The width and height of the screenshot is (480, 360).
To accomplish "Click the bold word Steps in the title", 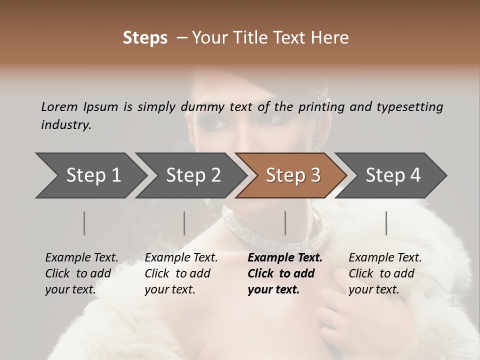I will [x=145, y=38].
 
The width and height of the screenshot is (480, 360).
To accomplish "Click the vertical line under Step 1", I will [x=84, y=223].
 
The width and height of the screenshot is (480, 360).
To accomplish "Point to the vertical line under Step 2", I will [x=184, y=223].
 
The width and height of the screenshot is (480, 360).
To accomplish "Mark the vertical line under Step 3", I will [x=285, y=223].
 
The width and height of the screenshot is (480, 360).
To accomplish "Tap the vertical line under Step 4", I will [x=386, y=223].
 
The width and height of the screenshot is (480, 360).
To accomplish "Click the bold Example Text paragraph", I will [x=284, y=273].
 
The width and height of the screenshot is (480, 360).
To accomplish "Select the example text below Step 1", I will [x=81, y=273].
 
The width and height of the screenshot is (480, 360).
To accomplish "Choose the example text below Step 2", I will [x=181, y=273].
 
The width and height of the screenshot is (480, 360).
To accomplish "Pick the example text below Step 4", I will [x=385, y=273].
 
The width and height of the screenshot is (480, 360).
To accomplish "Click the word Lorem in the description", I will [x=59, y=106].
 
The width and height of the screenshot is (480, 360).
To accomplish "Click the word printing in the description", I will [x=321, y=107].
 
